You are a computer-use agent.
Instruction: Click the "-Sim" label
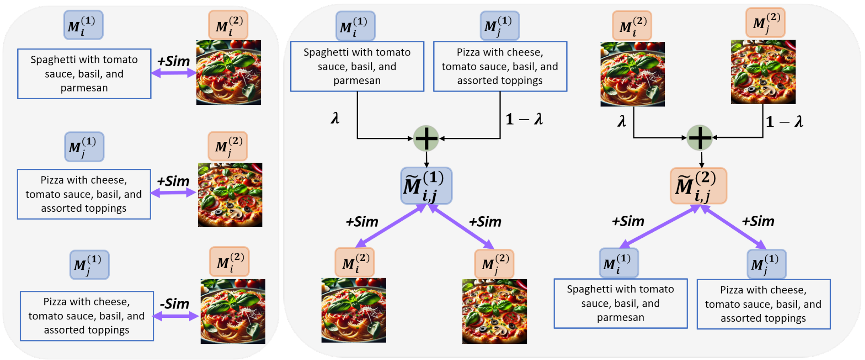click(x=175, y=304)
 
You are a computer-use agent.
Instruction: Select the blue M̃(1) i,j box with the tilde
click(x=426, y=186)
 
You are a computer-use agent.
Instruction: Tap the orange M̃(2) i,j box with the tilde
click(x=698, y=186)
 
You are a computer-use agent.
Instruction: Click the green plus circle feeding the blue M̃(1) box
click(x=426, y=139)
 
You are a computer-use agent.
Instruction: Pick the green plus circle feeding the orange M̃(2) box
click(x=700, y=138)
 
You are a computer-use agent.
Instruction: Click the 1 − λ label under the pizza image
click(x=784, y=121)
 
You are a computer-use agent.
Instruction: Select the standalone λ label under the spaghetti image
click(x=622, y=121)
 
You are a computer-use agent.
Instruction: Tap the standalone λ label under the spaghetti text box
click(x=335, y=118)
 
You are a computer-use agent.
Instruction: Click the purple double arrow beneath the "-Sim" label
click(x=176, y=317)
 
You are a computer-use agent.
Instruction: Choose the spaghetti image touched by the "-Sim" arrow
click(x=233, y=311)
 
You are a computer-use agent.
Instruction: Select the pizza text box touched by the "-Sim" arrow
click(x=87, y=316)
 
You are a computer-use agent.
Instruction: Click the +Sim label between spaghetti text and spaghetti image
click(x=174, y=61)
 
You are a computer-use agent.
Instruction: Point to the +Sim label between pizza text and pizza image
click(x=173, y=181)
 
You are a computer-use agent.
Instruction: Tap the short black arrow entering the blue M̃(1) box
click(x=426, y=160)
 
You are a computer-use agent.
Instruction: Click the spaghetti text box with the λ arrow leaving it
click(x=357, y=66)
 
